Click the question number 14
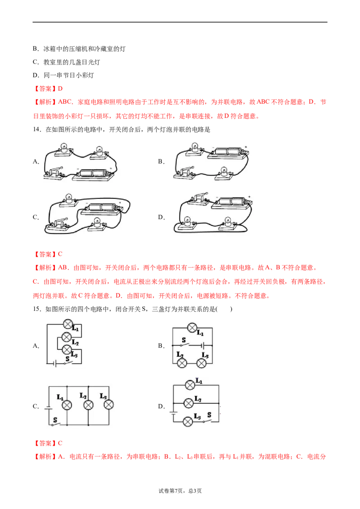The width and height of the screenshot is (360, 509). click(37, 129)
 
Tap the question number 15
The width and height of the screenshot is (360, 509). click(37, 309)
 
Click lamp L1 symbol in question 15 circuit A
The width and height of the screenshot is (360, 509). click(67, 324)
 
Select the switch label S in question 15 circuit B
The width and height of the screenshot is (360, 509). click(184, 340)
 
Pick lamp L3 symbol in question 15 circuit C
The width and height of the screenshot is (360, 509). click(108, 405)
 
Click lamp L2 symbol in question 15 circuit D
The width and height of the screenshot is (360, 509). click(189, 403)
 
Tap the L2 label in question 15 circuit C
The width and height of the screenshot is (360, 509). click(83, 396)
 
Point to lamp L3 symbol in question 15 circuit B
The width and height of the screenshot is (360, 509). click(202, 363)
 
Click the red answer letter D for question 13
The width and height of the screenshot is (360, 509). click(60, 89)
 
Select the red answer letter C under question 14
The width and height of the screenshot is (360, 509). click(60, 254)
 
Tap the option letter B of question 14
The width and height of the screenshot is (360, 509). click(160, 161)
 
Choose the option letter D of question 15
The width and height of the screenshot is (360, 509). click(160, 406)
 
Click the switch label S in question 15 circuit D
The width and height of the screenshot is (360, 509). click(209, 415)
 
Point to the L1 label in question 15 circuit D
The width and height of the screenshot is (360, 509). click(199, 381)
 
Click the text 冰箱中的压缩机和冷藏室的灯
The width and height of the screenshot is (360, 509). click(85, 49)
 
